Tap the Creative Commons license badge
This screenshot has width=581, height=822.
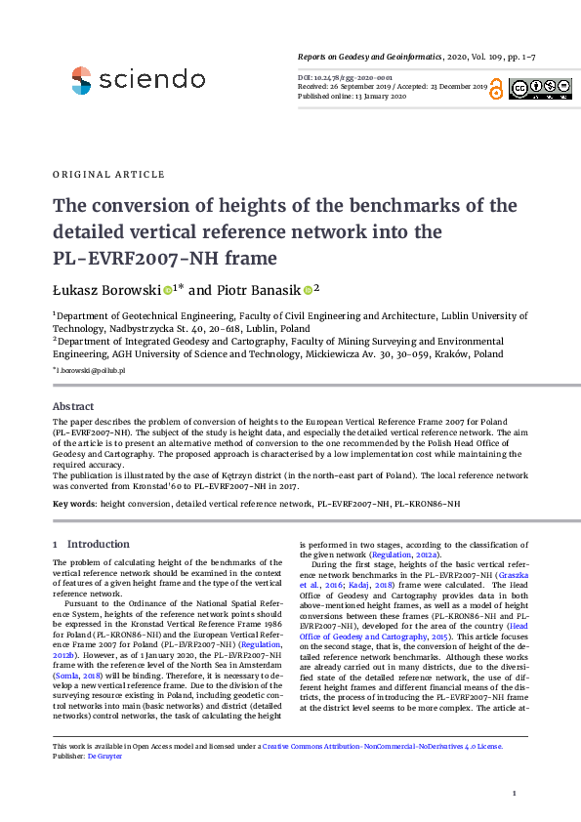point(539,89)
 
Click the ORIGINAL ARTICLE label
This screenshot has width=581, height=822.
point(108,175)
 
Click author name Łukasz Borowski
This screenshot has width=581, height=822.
point(106,290)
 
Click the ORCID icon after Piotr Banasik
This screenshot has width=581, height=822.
point(307,290)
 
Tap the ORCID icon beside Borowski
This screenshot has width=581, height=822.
point(167,290)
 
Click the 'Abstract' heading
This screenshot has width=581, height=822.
point(72,405)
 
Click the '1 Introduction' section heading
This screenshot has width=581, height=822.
point(91,544)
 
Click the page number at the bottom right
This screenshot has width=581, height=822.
point(527,793)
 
